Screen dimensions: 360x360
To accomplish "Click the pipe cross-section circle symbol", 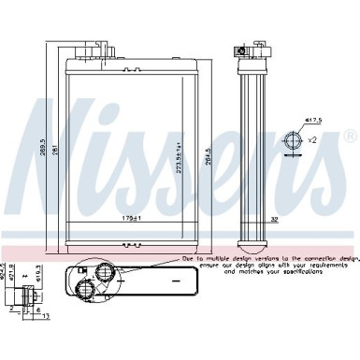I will point(295,141).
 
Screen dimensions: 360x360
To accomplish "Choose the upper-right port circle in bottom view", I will point(105,273).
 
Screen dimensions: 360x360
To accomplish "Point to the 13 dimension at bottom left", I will point(42,315).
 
